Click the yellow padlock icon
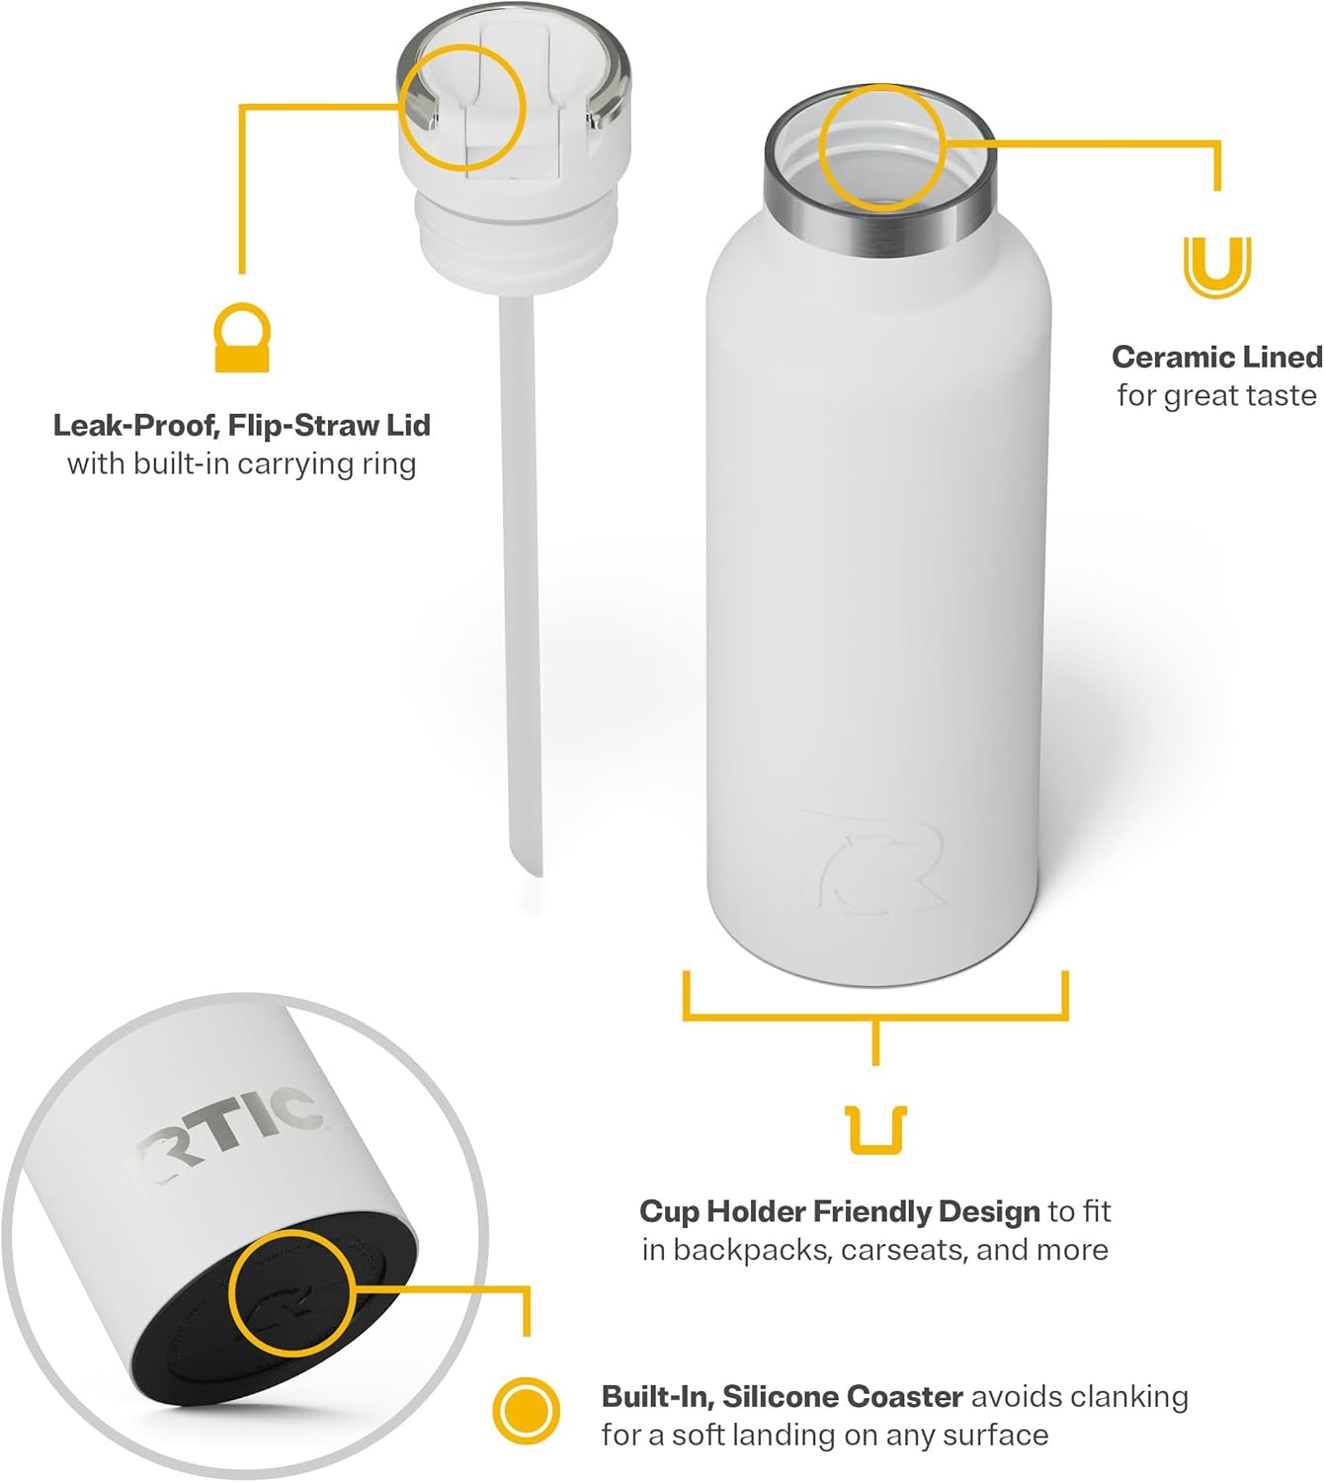pos(242,338)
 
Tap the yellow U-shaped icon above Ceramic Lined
pos(1217,266)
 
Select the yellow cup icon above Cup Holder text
pos(876,1130)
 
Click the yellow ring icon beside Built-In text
pos(526,1410)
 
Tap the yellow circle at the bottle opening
pos(882,147)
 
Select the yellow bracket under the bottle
pos(875,1013)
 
